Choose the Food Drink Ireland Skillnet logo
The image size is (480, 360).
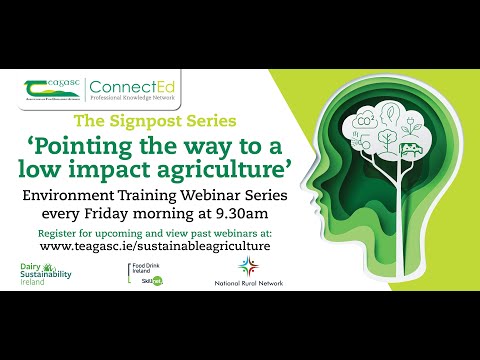pyautogui.click(x=149, y=274)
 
